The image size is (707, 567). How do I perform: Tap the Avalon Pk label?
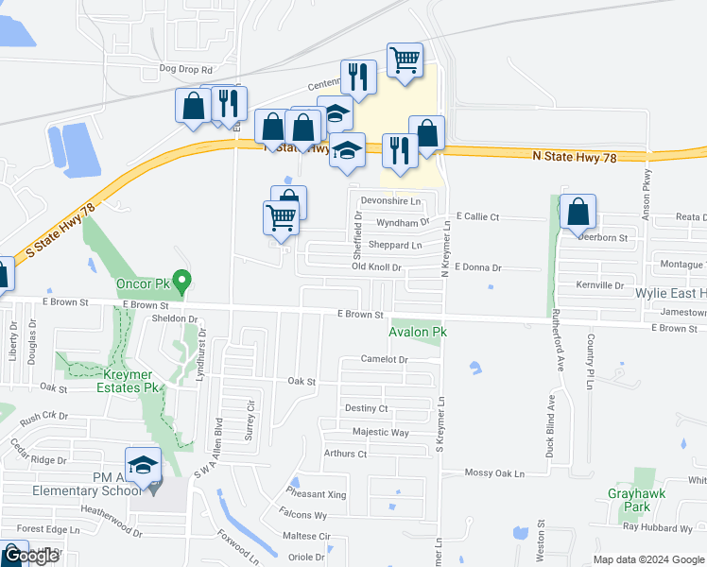pos(417,332)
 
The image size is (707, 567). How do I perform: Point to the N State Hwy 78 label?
pos(574,157)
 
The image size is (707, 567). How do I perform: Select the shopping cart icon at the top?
pos(405,60)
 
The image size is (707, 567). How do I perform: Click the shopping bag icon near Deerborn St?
pos(578,214)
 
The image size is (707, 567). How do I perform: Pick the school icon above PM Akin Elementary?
pos(143,466)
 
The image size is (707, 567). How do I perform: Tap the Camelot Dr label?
pos(384,360)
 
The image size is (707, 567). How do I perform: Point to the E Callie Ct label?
pos(476,217)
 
